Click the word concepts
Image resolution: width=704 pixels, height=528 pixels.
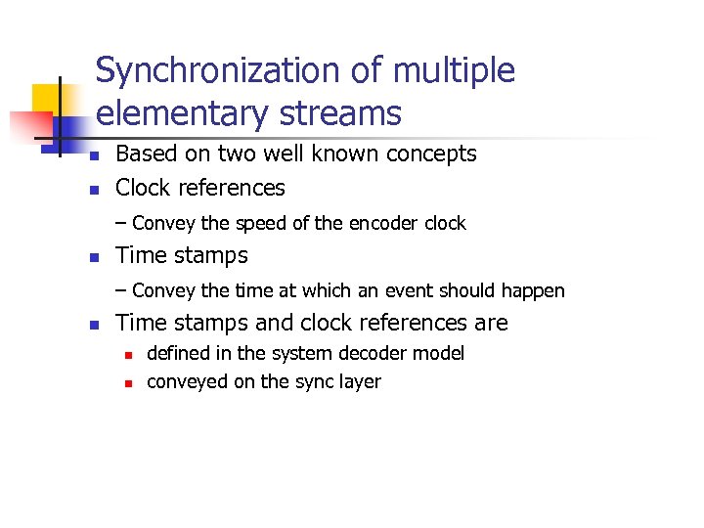[431, 154]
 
